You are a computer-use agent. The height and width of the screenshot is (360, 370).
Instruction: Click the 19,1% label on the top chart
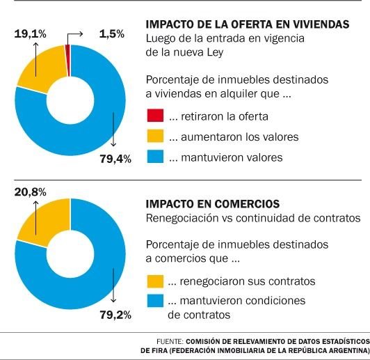point(30,34)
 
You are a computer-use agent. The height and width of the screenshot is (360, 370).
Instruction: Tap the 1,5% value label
point(111,34)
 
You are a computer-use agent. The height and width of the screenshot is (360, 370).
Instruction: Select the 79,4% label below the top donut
point(115,159)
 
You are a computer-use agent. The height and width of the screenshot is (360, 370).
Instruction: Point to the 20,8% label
point(30,192)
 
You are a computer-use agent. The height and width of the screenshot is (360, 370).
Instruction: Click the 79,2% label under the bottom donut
point(115,315)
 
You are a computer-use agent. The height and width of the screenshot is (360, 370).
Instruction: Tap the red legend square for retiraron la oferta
point(155,116)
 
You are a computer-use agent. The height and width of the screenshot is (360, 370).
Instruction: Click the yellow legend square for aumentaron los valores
point(155,136)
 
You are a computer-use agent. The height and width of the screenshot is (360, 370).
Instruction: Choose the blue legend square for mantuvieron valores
point(155,157)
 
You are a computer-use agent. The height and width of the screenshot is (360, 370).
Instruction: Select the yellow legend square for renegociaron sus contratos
point(155,281)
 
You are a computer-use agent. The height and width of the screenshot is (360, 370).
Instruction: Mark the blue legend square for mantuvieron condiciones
point(155,301)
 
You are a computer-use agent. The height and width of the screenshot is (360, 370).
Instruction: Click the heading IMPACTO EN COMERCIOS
point(213,204)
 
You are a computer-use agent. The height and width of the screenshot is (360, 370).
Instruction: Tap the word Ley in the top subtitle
point(215,53)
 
